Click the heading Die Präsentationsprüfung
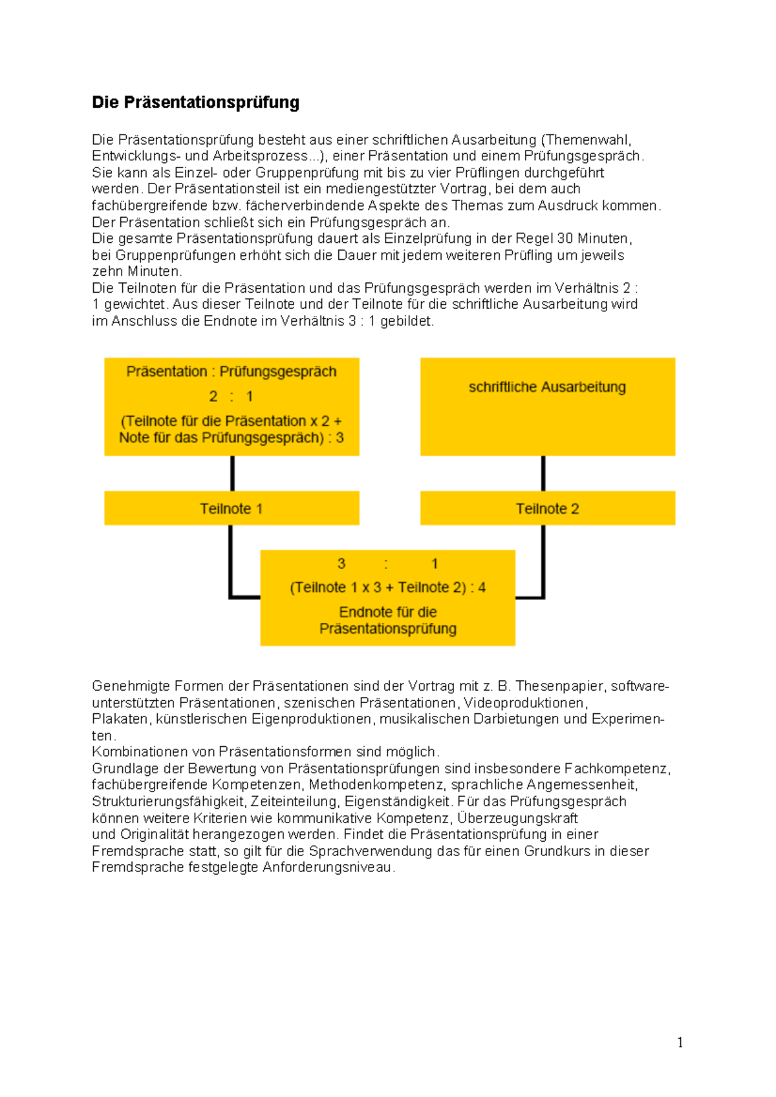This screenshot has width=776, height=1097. pyautogui.click(x=195, y=102)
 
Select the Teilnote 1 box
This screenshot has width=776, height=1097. pyautogui.click(x=231, y=508)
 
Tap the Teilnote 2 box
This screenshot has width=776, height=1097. pyautogui.click(x=547, y=508)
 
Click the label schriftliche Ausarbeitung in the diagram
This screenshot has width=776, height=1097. pyautogui.click(x=547, y=387)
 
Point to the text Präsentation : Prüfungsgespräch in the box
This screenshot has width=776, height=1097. pyautogui.click(x=231, y=371)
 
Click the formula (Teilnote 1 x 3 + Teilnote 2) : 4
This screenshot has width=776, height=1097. pyautogui.click(x=387, y=587)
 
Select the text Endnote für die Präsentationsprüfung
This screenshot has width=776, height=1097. pyautogui.click(x=387, y=620)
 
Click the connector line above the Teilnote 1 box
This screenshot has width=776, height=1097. pyautogui.click(x=232, y=473)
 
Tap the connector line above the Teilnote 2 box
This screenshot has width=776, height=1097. pyautogui.click(x=543, y=473)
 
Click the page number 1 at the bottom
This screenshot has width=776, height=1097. pyautogui.click(x=680, y=1042)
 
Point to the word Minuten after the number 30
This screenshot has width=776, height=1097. pyautogui.click(x=607, y=238)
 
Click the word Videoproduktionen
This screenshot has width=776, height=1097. pyautogui.click(x=524, y=703)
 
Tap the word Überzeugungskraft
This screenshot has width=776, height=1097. pyautogui.click(x=517, y=818)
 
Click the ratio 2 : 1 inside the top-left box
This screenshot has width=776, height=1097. pyautogui.click(x=231, y=396)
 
